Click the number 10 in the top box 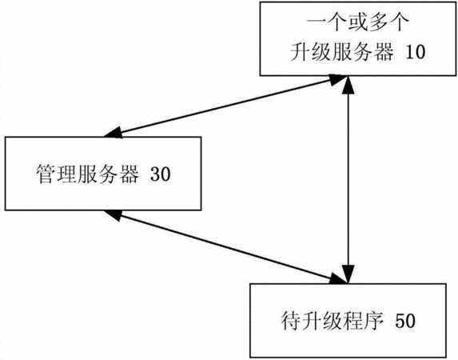coord(415,52)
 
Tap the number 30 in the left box coord(160,174)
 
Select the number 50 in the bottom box coord(404,321)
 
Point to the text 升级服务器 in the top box coord(342,52)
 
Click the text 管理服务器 coord(88,174)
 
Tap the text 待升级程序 coord(332,321)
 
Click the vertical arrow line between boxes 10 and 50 coord(348,179)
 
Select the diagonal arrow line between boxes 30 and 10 coord(225,106)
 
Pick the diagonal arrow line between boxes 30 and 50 coord(225,246)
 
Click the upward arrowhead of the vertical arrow coord(348,85)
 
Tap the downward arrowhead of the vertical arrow coord(348,274)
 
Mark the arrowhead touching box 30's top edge coord(114,133)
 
